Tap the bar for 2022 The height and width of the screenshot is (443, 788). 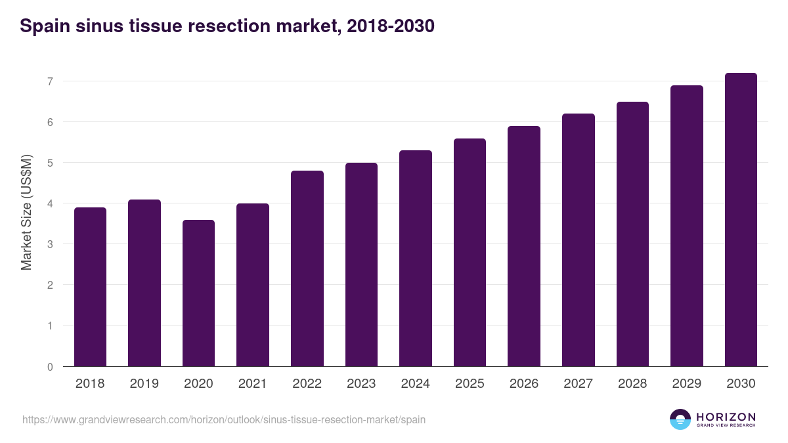[307, 268]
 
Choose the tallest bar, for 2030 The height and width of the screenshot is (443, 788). [741, 220]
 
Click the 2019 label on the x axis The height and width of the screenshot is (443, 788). [144, 384]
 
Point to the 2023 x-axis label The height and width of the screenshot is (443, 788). [361, 384]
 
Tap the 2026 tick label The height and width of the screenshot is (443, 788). [524, 384]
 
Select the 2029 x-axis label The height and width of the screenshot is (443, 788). [686, 384]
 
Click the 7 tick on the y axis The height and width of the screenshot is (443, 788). [49, 81]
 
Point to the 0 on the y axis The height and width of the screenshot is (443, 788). [49, 366]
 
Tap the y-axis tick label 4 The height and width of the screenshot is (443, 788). [49, 203]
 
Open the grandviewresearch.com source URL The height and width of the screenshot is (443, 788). [224, 419]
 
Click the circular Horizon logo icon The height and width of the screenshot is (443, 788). [680, 419]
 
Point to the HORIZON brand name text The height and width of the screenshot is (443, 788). [726, 417]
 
